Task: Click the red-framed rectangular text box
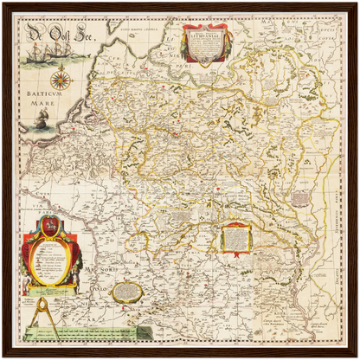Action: click(235, 238)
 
